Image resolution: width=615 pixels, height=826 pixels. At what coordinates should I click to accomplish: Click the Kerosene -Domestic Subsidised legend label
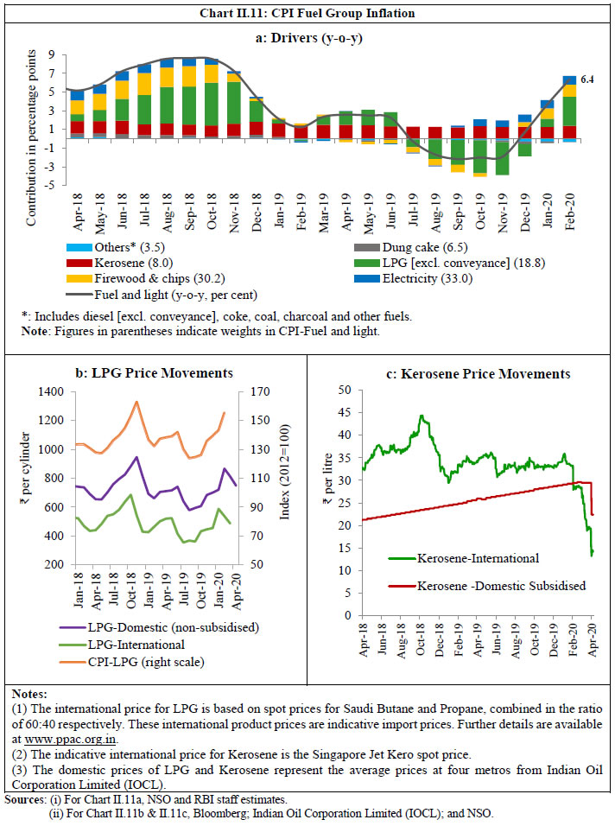500,586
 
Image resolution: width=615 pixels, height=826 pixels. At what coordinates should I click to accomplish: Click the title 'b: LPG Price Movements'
154,373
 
